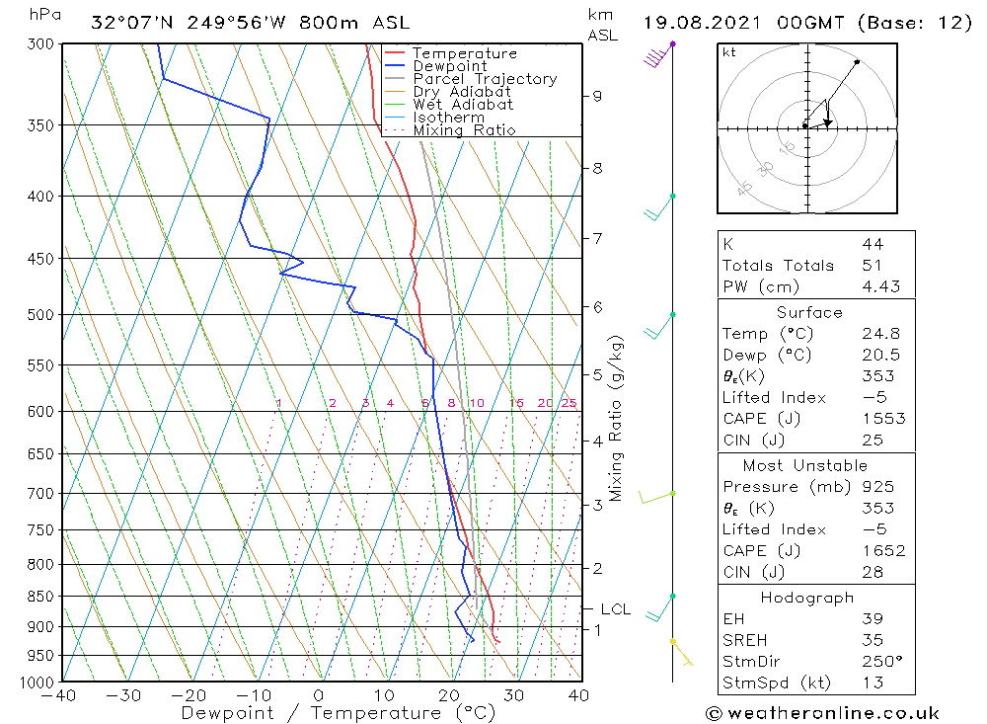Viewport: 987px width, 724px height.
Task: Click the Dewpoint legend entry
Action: click(450, 66)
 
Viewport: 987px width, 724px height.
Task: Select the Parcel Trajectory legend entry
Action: click(485, 79)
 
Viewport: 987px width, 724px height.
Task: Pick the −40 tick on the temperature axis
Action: click(60, 695)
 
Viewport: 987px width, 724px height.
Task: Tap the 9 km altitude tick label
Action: click(597, 96)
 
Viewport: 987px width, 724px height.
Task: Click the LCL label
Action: click(615, 609)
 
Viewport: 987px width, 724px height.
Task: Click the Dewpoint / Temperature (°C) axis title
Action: click(339, 713)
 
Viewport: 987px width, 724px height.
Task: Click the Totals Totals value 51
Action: click(872, 266)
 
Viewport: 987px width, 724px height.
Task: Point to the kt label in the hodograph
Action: click(729, 52)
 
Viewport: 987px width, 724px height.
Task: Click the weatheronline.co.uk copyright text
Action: click(822, 713)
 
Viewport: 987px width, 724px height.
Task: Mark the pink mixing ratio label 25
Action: click(569, 403)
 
